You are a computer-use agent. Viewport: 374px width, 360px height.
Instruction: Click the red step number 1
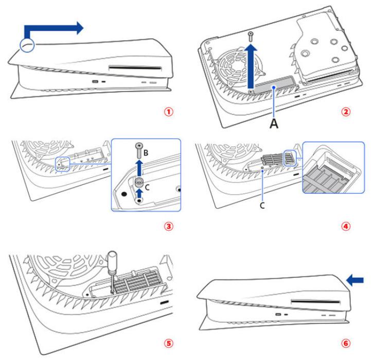pyautogui.click(x=168, y=112)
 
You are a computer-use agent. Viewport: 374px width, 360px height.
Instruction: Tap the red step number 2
pyautogui.click(x=346, y=112)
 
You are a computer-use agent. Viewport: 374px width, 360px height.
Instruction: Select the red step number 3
pyautogui.click(x=168, y=226)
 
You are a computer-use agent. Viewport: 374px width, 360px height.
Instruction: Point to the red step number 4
pyautogui.click(x=346, y=226)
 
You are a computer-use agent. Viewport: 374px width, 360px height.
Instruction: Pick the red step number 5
pyautogui.click(x=168, y=344)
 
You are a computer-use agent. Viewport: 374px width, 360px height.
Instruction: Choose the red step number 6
pyautogui.click(x=346, y=344)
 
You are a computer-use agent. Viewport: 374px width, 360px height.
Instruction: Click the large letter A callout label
pyautogui.click(x=274, y=124)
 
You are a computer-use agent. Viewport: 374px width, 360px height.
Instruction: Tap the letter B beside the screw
pyautogui.click(x=146, y=152)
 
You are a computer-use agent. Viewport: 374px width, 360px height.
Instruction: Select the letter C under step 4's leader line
pyautogui.click(x=262, y=205)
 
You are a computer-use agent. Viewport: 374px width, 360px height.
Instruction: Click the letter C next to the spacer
pyautogui.click(x=147, y=187)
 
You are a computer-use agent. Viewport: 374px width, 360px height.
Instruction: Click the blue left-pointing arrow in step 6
pyautogui.click(x=355, y=280)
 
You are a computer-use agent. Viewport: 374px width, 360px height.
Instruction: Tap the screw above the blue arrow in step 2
pyautogui.click(x=251, y=36)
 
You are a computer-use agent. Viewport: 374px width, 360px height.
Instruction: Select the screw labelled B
pyautogui.click(x=139, y=150)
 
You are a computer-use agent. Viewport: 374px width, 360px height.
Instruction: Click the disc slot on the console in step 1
pyautogui.click(x=135, y=68)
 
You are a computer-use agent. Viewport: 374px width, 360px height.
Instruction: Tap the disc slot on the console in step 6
pyautogui.click(x=316, y=302)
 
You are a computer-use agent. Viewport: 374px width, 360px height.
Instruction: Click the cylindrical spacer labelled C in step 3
pyautogui.click(x=139, y=183)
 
